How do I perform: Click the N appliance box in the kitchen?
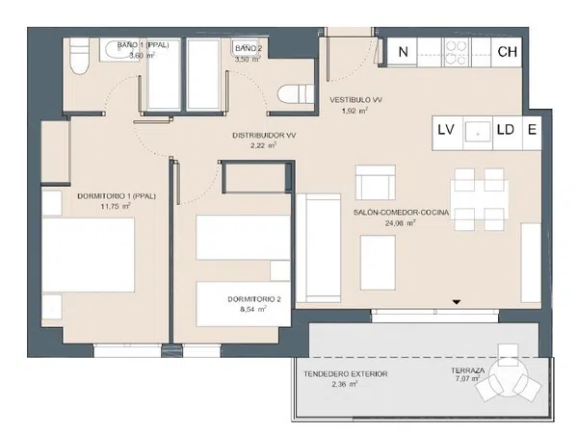pos(402,52)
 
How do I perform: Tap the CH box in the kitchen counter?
pos(507,52)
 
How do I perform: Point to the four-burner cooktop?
pos(456,52)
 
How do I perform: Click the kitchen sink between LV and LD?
pos(478,133)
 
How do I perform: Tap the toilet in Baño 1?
pos(79,56)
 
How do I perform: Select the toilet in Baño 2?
pos(296,94)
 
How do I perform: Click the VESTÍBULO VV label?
pos(355,100)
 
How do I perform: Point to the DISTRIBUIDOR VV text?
pos(264,136)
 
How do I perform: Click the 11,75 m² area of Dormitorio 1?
pos(116,206)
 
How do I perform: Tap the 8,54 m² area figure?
pos(252,309)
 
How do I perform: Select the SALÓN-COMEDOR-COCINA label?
pos(401,213)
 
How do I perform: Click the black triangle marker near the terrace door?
pos(457,302)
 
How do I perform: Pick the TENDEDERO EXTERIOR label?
pos(346,374)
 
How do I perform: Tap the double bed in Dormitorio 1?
pos(88,255)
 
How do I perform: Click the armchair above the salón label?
pos(376,183)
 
